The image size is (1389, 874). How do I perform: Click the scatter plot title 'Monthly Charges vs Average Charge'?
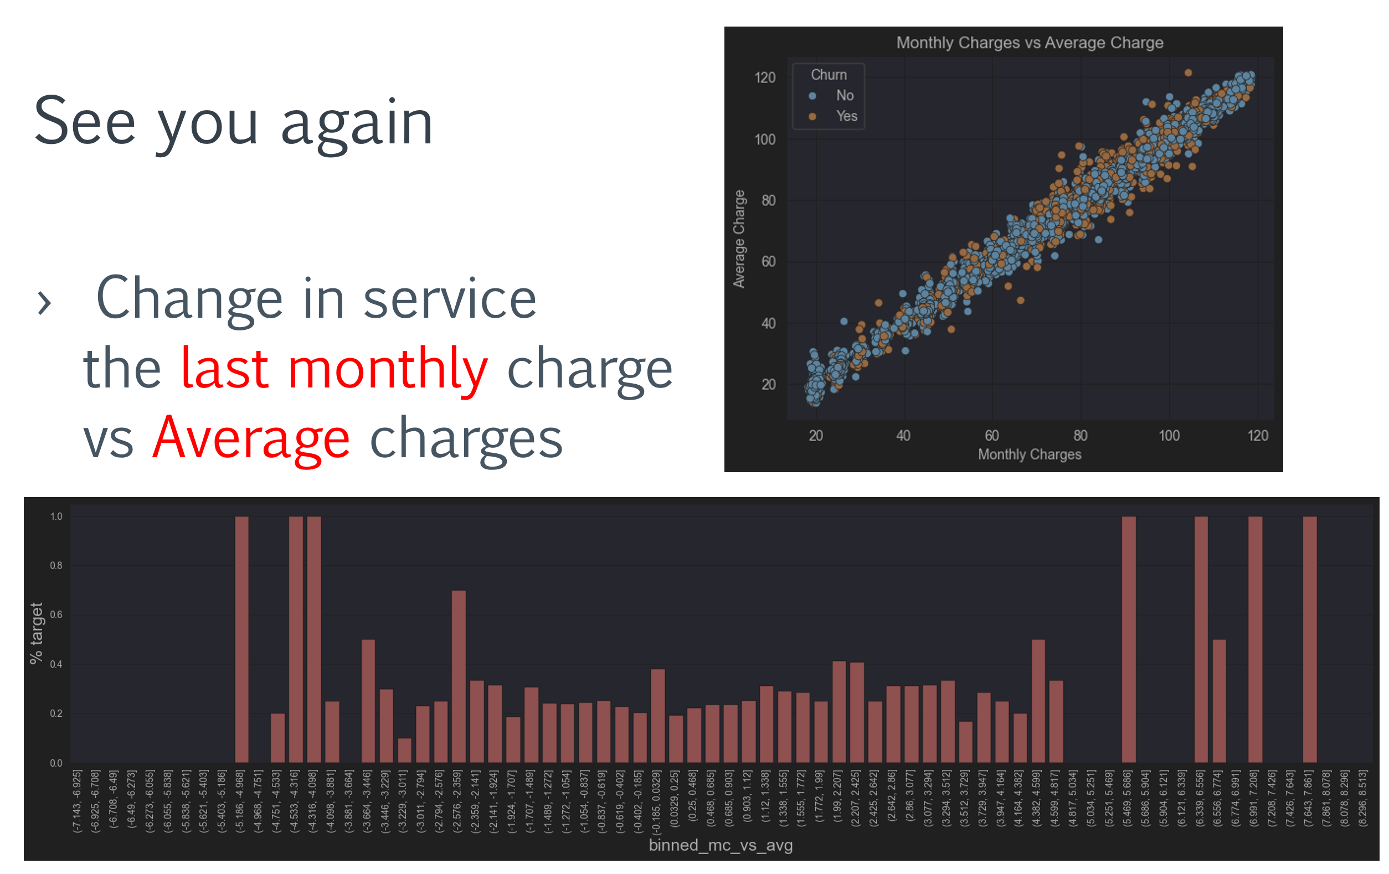[x=1029, y=43]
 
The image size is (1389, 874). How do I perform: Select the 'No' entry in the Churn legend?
[x=844, y=95]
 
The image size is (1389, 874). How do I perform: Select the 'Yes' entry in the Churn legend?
[x=846, y=116]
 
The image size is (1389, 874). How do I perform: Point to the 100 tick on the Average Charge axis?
[x=764, y=139]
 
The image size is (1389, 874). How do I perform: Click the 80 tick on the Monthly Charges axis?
[x=1080, y=435]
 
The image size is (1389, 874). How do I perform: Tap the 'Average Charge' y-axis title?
[x=739, y=239]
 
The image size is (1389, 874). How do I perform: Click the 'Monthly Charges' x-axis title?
[x=1029, y=454]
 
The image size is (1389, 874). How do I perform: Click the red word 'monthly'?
[x=388, y=369]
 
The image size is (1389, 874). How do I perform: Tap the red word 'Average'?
[x=251, y=438]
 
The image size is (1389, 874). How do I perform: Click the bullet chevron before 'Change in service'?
[x=44, y=303]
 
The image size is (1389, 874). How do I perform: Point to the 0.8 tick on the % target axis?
[x=56, y=566]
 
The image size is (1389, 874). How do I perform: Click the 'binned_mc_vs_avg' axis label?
[x=721, y=845]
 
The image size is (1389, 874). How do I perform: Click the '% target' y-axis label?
[x=37, y=633]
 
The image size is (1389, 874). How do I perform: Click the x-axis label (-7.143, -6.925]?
[x=78, y=801]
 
